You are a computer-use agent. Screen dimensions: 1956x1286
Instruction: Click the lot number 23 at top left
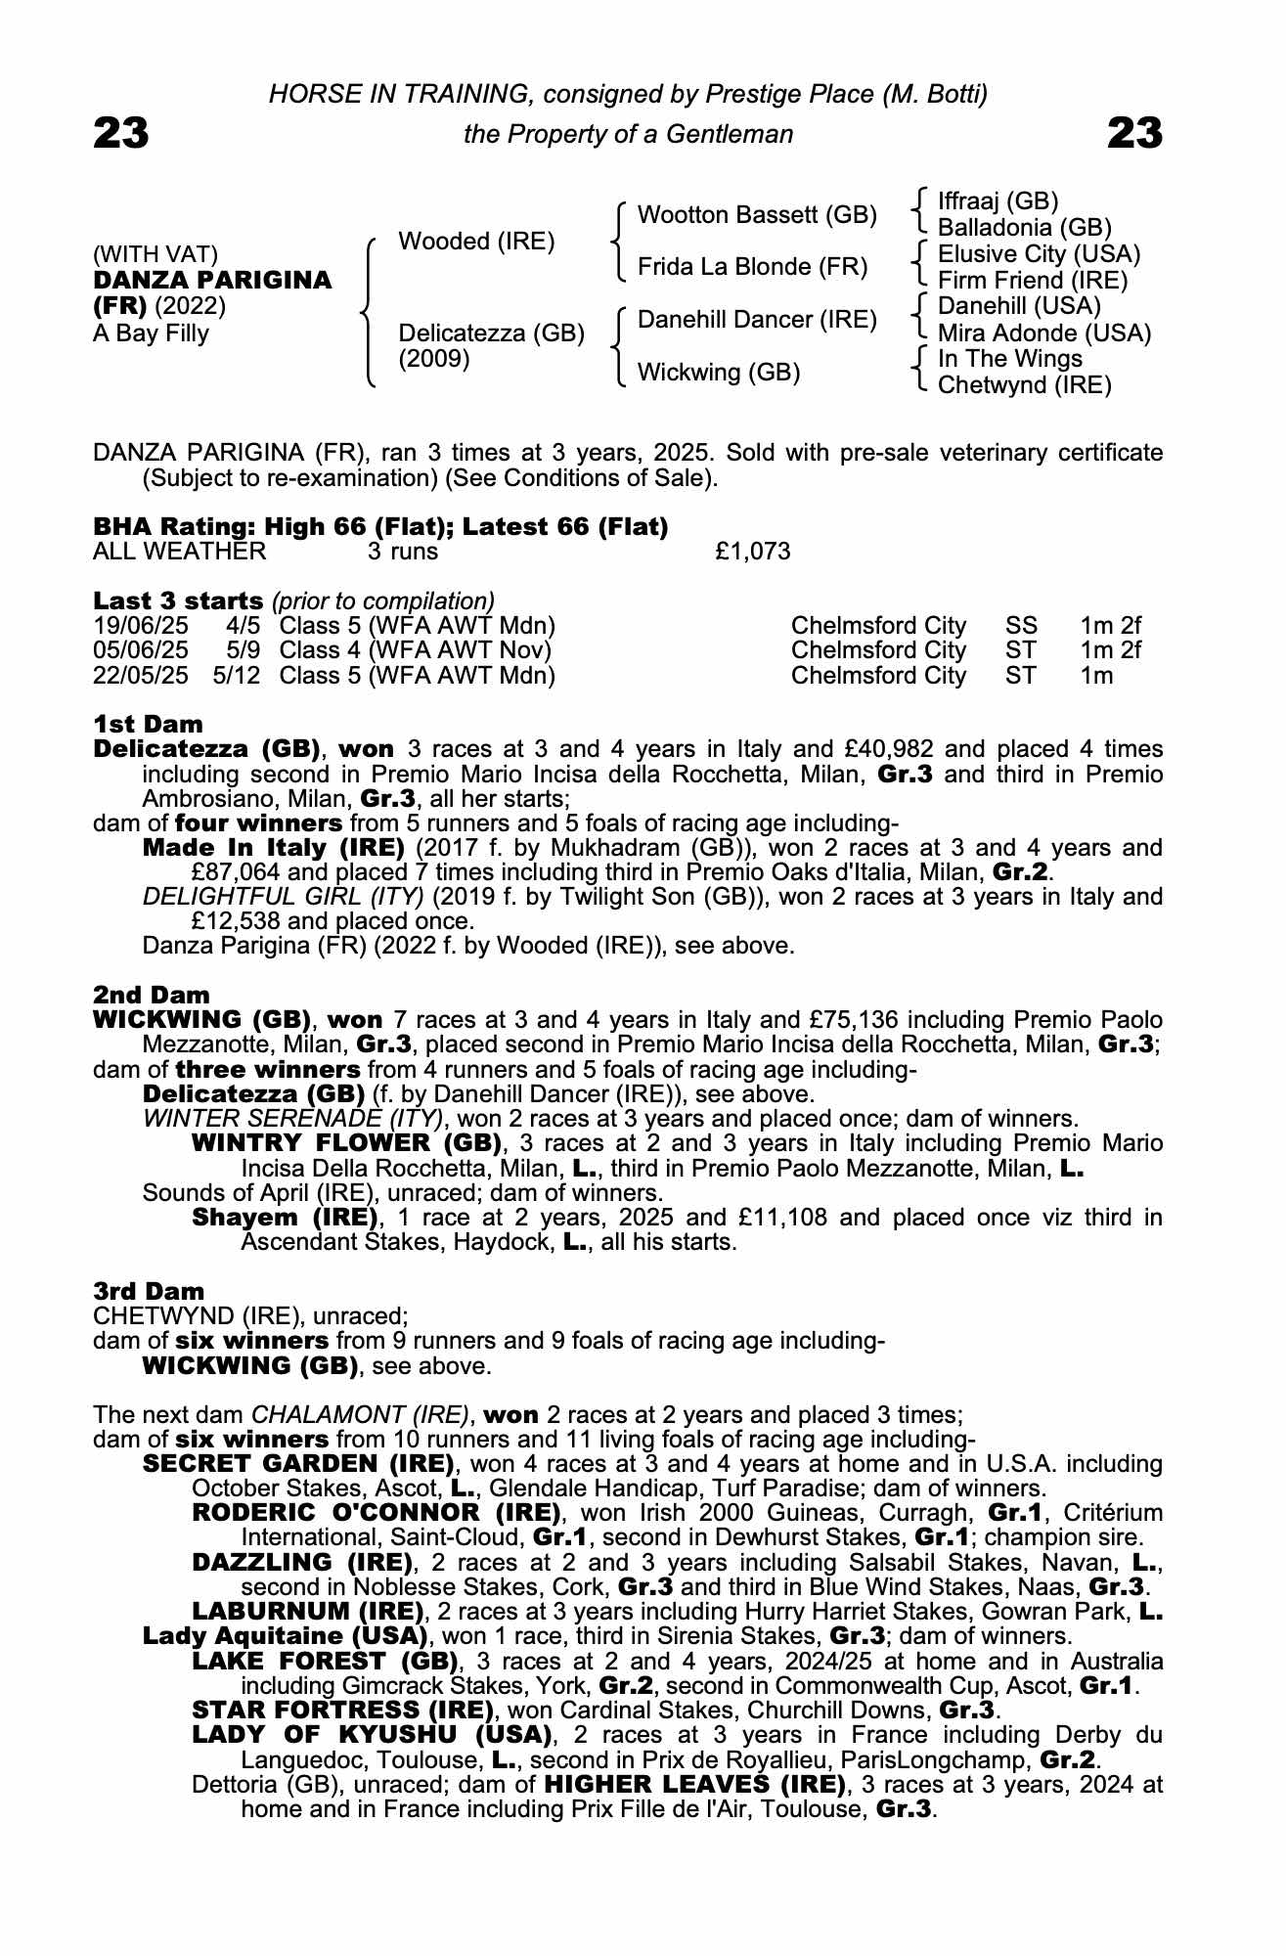coord(121,133)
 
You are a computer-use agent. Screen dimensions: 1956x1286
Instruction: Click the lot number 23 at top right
coord(1134,133)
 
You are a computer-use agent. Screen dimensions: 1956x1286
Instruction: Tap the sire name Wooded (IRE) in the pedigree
coord(476,241)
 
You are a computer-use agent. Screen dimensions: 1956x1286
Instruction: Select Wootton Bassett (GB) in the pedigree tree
coord(756,214)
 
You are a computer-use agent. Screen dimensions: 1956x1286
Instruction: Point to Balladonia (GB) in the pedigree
coord(1024,228)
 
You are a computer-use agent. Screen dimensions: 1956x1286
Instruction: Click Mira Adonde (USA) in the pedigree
coord(1043,333)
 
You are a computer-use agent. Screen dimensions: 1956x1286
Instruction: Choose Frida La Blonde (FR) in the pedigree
coord(752,267)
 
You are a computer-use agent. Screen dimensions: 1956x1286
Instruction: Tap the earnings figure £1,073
coord(752,552)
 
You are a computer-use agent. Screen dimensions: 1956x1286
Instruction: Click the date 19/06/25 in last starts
coord(141,626)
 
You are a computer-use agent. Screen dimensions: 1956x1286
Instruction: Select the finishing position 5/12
coord(237,676)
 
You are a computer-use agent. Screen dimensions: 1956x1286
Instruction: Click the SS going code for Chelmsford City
coord(1021,626)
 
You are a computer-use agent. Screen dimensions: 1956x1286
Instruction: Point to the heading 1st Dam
coord(148,724)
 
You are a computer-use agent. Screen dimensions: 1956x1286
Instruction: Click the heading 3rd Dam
coord(149,1291)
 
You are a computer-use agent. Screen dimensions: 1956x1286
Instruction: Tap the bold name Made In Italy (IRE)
coord(274,847)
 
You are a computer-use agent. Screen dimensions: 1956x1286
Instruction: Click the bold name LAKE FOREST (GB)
coord(326,1661)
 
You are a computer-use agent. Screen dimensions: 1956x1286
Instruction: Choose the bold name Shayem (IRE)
coord(285,1218)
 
